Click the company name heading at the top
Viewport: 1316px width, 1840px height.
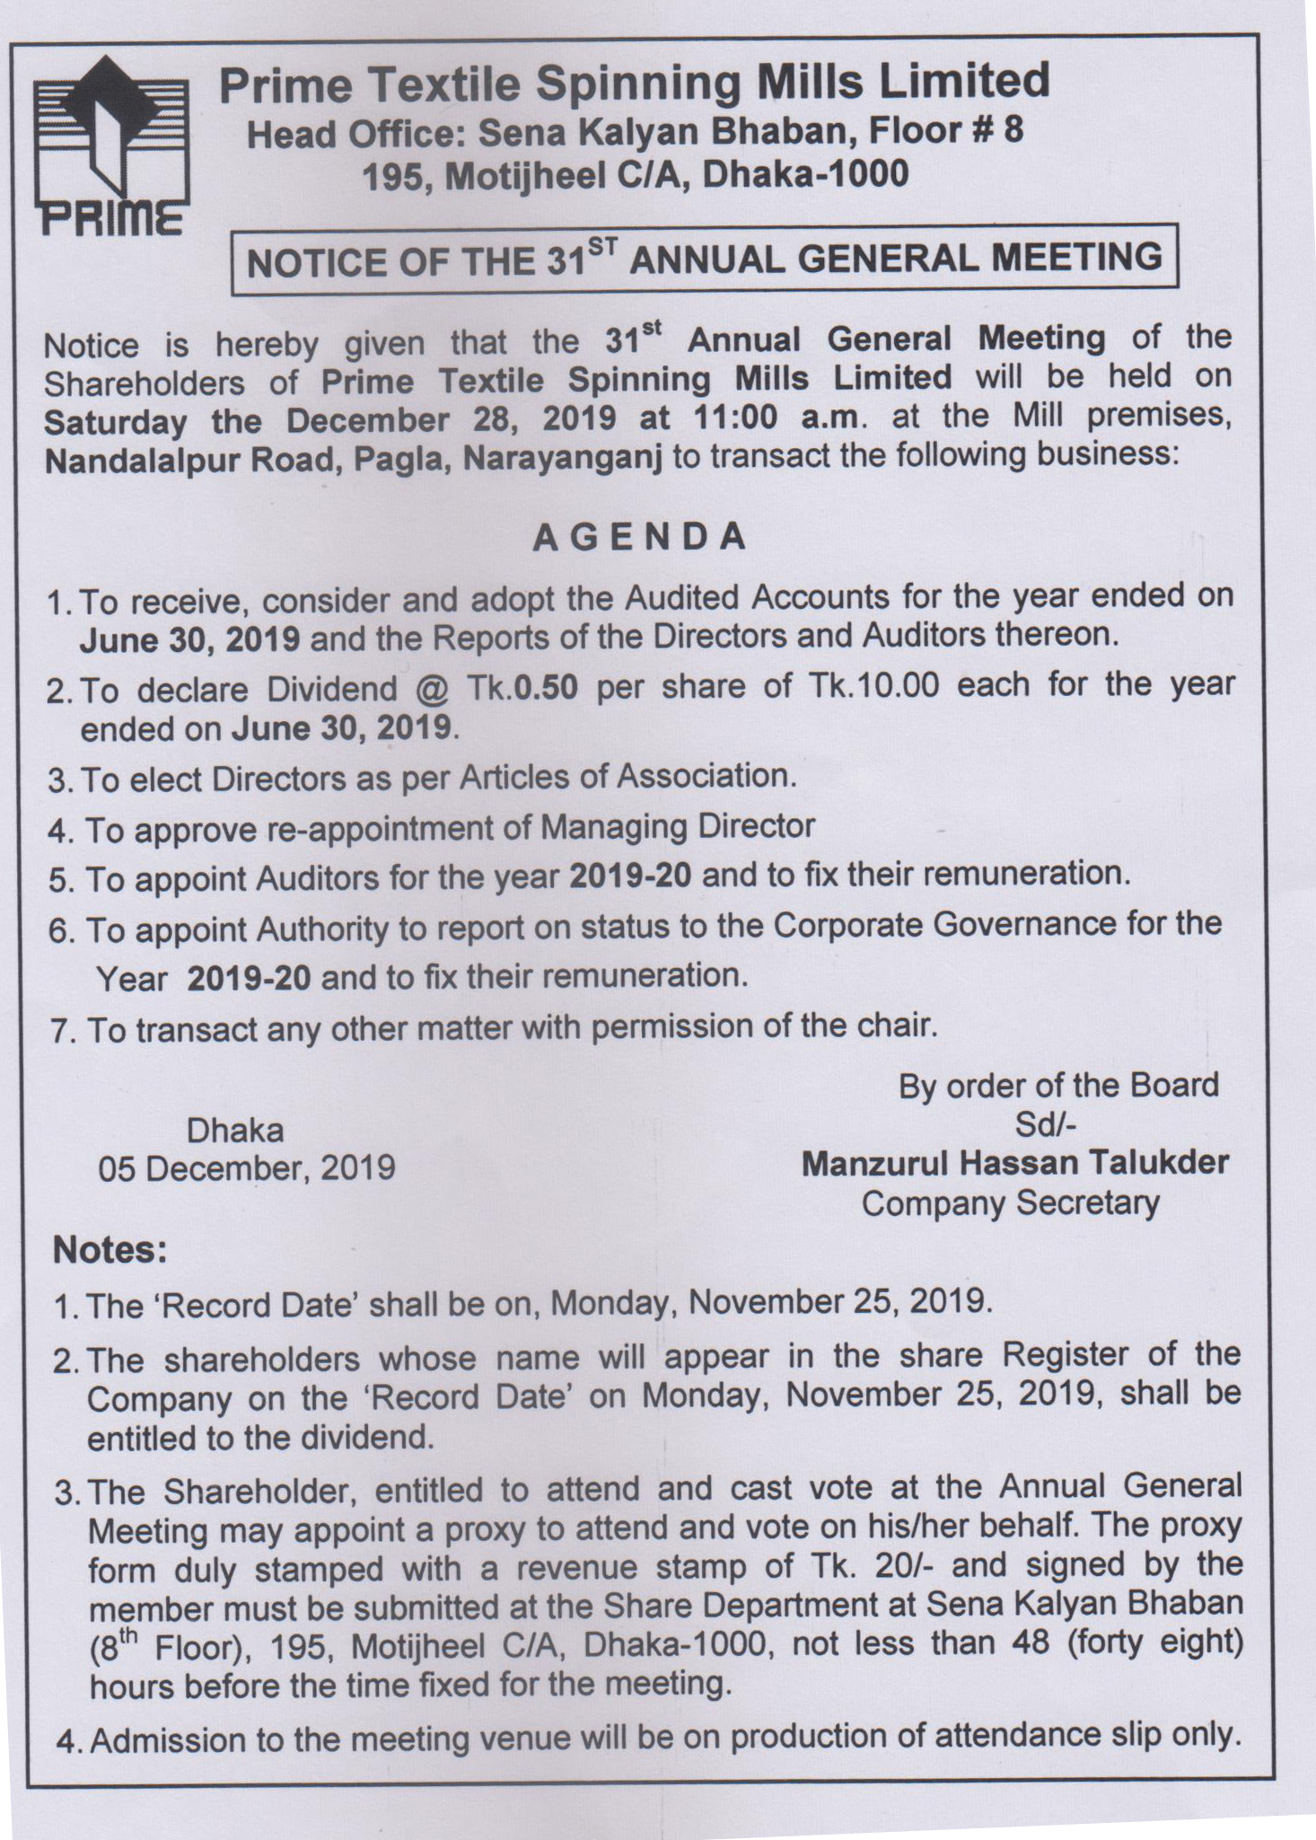pos(634,84)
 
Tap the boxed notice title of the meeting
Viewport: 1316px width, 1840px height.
pos(704,260)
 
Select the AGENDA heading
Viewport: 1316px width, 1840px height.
pos(639,537)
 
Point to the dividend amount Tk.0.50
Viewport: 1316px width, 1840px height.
pos(522,687)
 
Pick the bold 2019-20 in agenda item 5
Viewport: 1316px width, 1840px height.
pos(630,876)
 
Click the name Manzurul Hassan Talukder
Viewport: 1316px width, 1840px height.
pos(1014,1163)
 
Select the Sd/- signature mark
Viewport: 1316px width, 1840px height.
pos(1045,1124)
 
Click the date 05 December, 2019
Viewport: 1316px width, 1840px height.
pos(247,1167)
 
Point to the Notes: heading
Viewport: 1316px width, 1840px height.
pos(110,1249)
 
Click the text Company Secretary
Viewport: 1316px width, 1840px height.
pos(1010,1202)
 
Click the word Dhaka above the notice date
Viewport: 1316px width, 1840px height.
pos(235,1130)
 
